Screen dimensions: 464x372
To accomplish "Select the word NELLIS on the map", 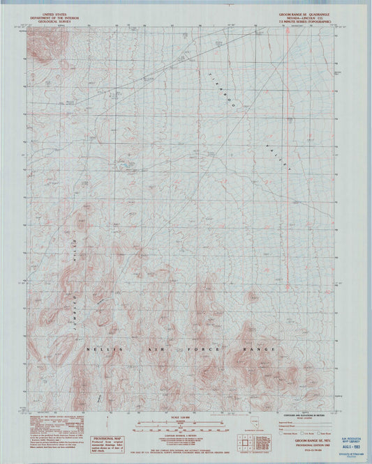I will tap(100, 348).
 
